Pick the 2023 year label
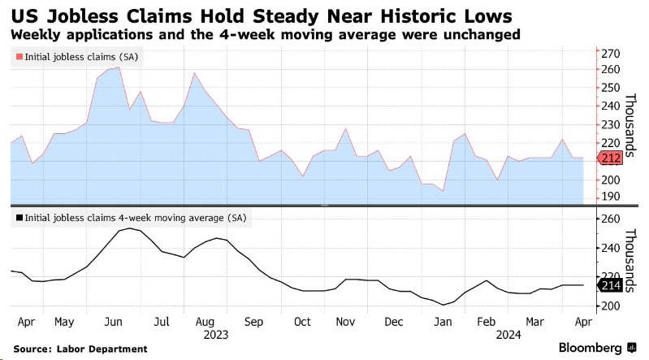point(216,334)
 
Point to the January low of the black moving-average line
point(443,305)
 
